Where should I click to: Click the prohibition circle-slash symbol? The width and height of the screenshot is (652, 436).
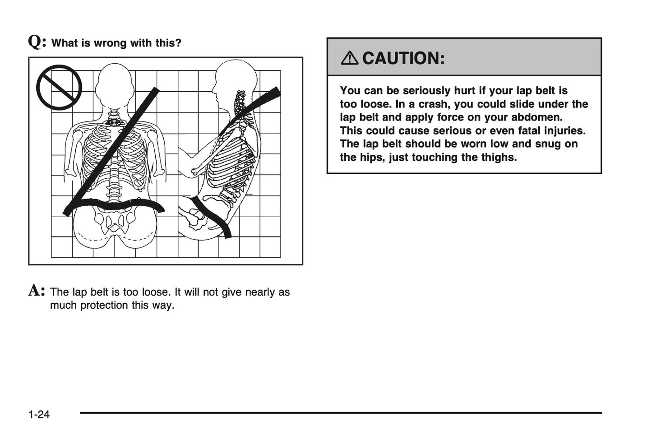point(59,87)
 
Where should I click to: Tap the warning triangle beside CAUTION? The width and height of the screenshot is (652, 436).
point(351,58)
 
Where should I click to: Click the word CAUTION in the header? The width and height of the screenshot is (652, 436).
point(403,58)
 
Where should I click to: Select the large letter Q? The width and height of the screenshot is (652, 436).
point(37,42)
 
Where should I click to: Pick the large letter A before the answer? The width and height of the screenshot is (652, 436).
point(36,291)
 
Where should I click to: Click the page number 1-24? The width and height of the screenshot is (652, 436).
point(39,414)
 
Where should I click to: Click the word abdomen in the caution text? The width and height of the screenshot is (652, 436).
point(541,117)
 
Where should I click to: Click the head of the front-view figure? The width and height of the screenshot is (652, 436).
point(115,86)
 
